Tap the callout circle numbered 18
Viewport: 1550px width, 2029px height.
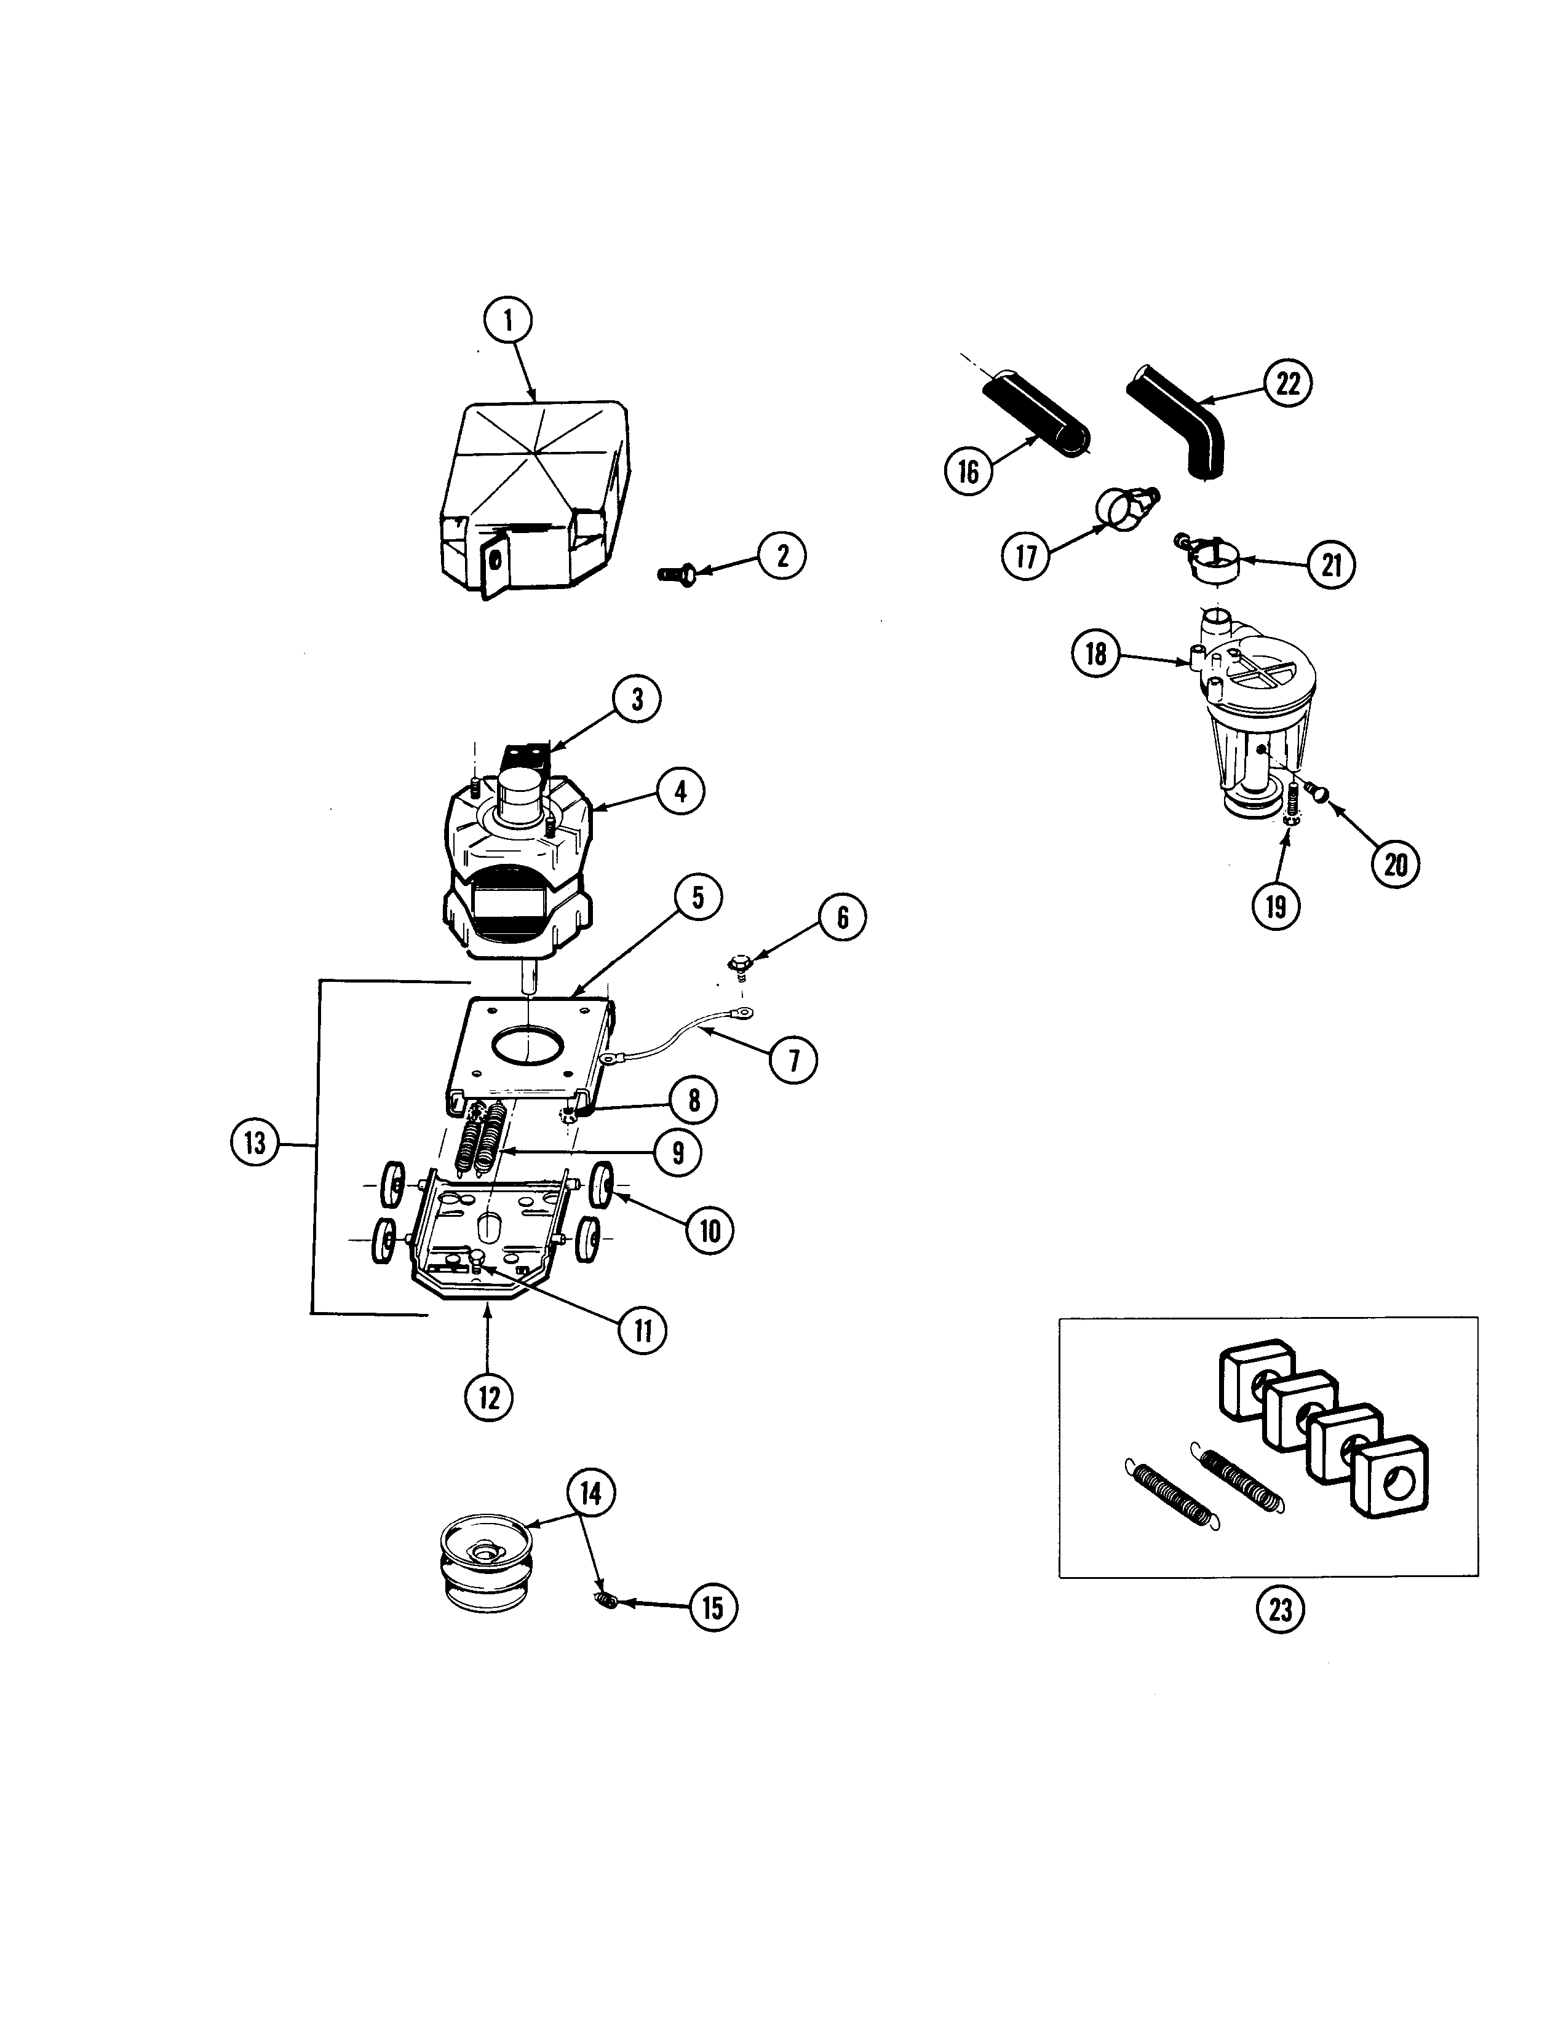point(1095,654)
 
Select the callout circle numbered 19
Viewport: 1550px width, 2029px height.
point(1275,906)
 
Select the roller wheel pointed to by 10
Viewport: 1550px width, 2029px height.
point(604,1182)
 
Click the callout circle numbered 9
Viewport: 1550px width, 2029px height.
point(678,1152)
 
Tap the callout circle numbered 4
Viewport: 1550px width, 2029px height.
point(680,791)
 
